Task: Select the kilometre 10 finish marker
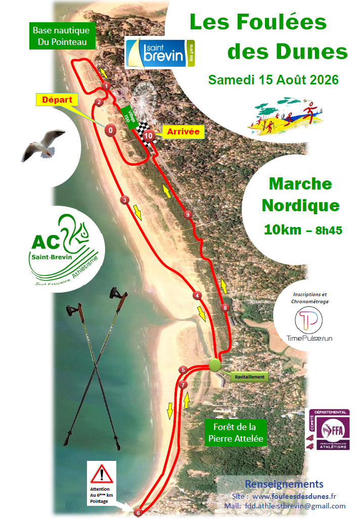tap(148, 135)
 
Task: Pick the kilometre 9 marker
tap(188, 215)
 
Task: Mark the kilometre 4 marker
tap(197, 296)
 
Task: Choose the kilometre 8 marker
tap(226, 307)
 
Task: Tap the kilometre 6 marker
tap(138, 513)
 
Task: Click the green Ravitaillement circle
tap(215, 365)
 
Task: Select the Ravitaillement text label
tap(248, 377)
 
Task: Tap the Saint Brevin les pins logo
tap(160, 54)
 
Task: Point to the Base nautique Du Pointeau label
tap(62, 36)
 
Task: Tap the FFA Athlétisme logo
tap(331, 431)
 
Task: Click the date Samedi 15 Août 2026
tap(274, 80)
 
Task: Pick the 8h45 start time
tap(329, 230)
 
